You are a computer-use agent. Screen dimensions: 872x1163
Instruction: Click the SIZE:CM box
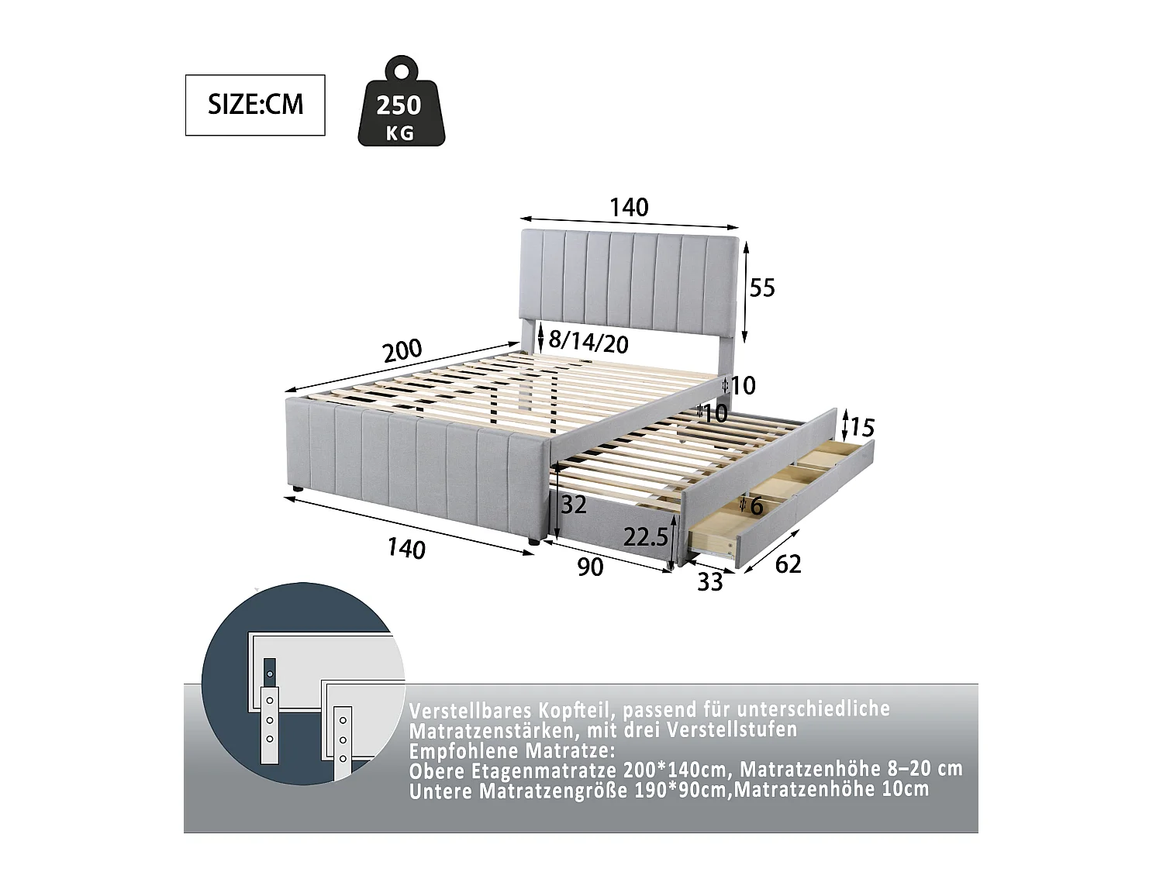tap(255, 105)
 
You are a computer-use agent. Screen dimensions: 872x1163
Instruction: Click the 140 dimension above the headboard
tap(628, 207)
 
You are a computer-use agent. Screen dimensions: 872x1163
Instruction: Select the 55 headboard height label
tap(762, 288)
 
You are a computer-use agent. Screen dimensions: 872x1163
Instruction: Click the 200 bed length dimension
tap(402, 351)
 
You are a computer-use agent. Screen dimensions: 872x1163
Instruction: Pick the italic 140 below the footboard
tap(406, 549)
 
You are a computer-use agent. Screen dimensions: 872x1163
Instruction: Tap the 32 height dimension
tap(573, 505)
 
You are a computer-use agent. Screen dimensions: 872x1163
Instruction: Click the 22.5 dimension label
tap(646, 537)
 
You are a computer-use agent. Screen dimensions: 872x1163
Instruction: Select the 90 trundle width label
tap(590, 567)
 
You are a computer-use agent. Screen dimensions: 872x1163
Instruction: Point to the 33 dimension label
tap(709, 581)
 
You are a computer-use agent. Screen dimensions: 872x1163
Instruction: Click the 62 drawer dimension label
tap(788, 564)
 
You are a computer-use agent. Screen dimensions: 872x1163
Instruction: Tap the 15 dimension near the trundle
tap(862, 427)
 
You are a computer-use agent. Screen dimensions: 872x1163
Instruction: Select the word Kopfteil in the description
tap(575, 710)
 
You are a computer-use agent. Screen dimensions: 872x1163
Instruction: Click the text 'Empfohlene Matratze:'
tap(512, 751)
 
